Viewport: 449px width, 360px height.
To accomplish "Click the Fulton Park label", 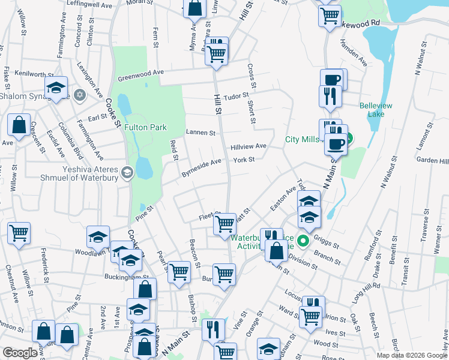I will pos(145,127).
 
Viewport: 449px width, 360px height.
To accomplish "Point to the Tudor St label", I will pos(235,96).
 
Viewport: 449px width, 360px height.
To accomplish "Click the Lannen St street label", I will pos(200,133).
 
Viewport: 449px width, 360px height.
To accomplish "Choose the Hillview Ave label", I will pos(249,146).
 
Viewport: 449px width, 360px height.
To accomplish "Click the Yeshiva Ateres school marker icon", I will pos(127,173).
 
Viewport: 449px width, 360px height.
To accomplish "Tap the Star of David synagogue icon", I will pos(79,95).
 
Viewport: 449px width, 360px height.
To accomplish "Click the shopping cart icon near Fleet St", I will pos(224,224).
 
